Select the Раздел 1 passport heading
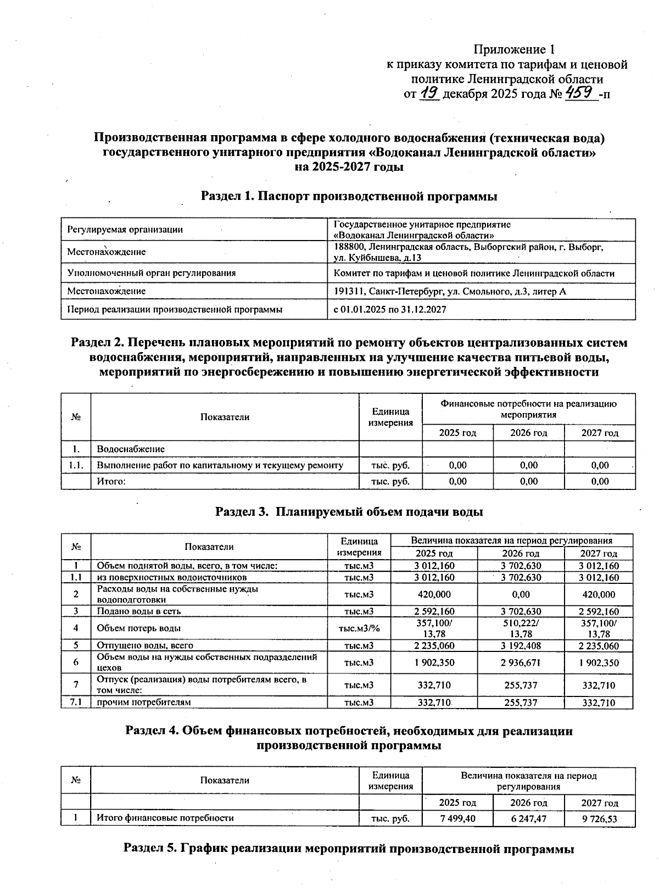coord(349,196)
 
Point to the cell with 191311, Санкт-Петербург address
coord(450,291)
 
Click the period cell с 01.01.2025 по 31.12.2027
coord(390,309)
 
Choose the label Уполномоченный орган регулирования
coord(151,273)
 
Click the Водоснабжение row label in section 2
coord(131,449)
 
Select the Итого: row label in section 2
coord(111,481)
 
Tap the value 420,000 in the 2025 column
coord(434,594)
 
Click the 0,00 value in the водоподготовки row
coord(521,594)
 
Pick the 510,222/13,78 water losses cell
coord(521,628)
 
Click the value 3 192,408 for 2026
coord(521,645)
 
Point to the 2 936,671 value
coord(521,662)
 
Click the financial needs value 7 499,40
coord(457,818)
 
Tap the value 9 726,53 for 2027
coord(600,818)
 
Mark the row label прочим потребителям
coord(144,702)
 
